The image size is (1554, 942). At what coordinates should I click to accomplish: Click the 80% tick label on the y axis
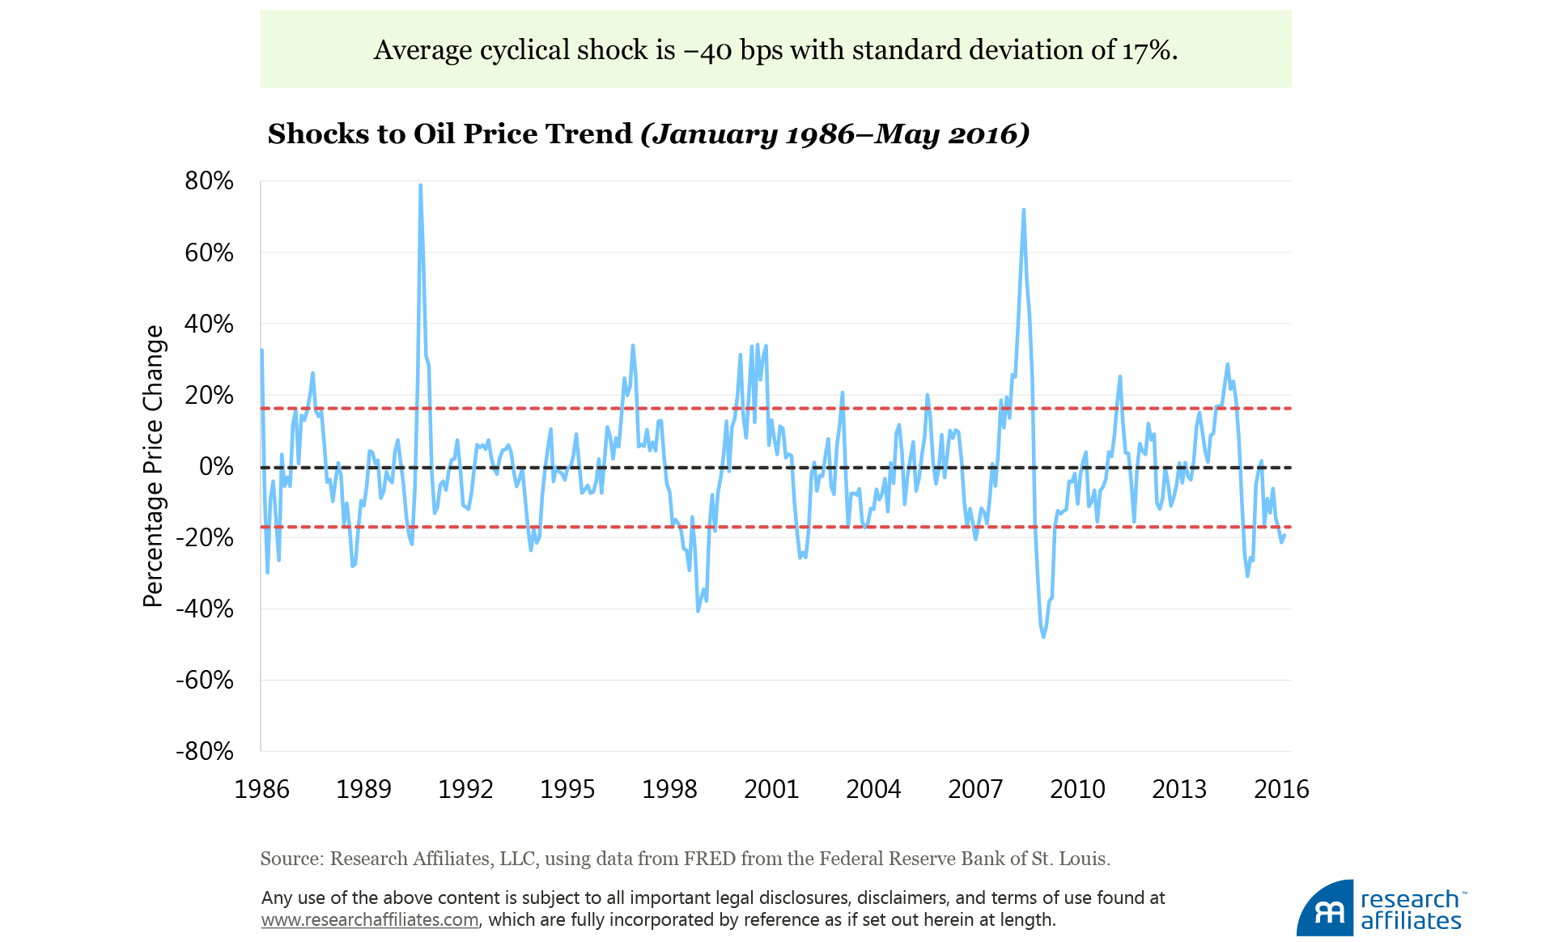209,180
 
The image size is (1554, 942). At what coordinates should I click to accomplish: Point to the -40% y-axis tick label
205,609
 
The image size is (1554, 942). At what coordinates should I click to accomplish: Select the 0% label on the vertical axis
216,466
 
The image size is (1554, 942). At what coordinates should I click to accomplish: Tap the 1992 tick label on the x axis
465,789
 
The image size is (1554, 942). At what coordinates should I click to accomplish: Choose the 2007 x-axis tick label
975,789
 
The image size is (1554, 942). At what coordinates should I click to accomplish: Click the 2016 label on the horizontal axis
1281,789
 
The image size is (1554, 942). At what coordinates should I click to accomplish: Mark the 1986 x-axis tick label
261,789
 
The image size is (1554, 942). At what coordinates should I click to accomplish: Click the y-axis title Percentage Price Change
153,466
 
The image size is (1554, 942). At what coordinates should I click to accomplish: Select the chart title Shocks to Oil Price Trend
449,134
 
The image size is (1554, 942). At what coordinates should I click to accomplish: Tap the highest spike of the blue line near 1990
420,185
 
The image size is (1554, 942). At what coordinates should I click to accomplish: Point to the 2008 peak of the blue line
1024,210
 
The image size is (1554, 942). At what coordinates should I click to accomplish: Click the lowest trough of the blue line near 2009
1043,637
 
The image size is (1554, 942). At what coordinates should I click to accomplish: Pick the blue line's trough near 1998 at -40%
698,610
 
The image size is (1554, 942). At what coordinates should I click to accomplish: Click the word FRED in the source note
709,859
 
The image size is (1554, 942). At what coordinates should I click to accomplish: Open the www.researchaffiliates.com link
370,920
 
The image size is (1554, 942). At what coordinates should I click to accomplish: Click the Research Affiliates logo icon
1326,910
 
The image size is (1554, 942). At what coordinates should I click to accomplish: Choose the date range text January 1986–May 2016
835,134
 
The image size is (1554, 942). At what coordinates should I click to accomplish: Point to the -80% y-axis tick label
205,751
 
